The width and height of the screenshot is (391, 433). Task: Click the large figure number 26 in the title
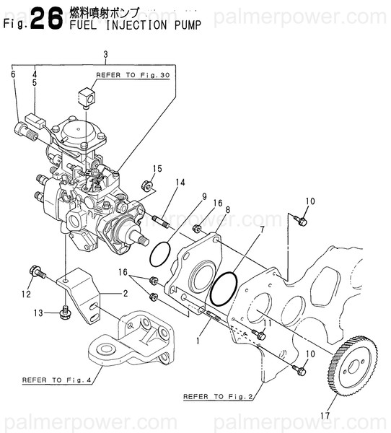(x=46, y=19)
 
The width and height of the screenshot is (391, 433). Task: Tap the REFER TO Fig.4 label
(x=53, y=379)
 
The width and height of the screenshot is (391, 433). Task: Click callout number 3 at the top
(x=105, y=55)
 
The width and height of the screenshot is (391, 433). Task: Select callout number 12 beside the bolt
(x=25, y=294)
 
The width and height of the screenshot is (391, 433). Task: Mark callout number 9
(x=204, y=196)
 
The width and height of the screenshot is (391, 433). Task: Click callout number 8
(x=227, y=210)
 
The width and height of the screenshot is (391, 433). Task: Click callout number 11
(x=268, y=323)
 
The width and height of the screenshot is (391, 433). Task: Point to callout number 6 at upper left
(x=13, y=74)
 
